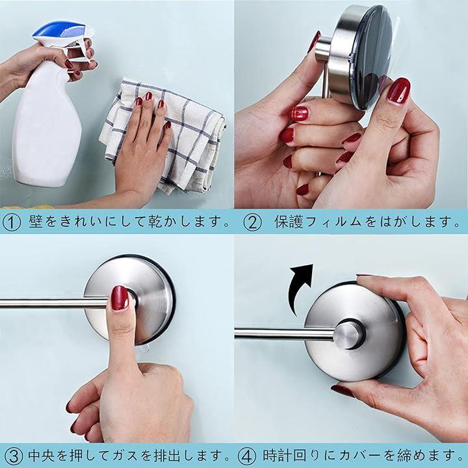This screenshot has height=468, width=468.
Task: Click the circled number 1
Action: point(11,222)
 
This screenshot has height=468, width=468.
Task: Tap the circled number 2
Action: point(252,222)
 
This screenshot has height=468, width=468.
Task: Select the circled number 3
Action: point(14,456)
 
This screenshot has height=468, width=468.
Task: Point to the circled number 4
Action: point(247,456)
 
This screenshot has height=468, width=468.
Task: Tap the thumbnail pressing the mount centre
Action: point(120,298)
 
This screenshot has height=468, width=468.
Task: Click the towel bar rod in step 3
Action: point(54,304)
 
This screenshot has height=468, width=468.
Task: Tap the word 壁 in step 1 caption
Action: point(36,222)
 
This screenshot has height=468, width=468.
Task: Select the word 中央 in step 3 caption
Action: point(42,456)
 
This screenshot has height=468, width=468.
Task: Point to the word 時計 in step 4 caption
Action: point(277,456)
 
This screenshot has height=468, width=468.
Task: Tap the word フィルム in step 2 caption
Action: point(334,222)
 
